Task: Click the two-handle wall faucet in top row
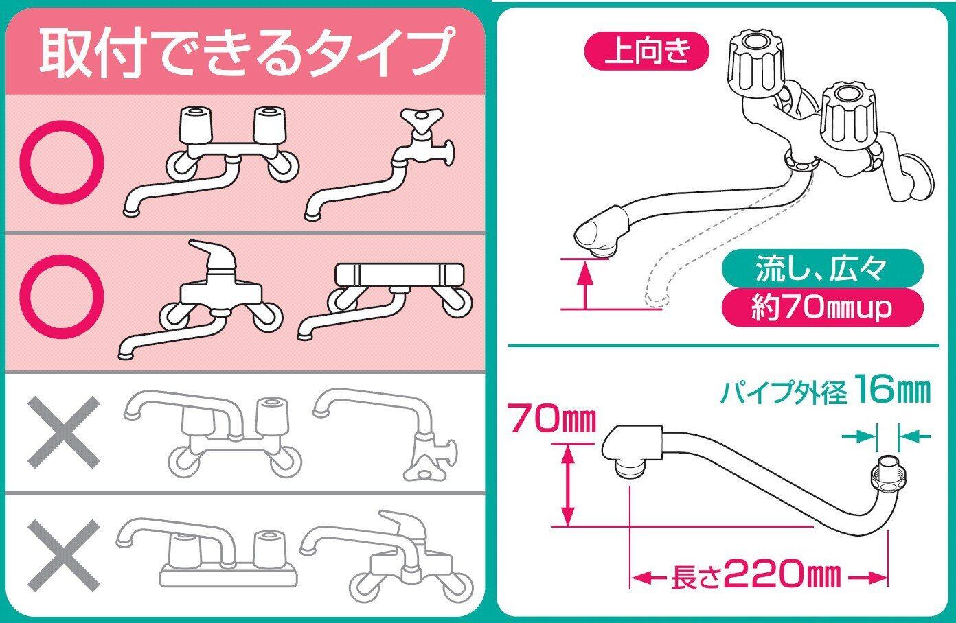220,158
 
